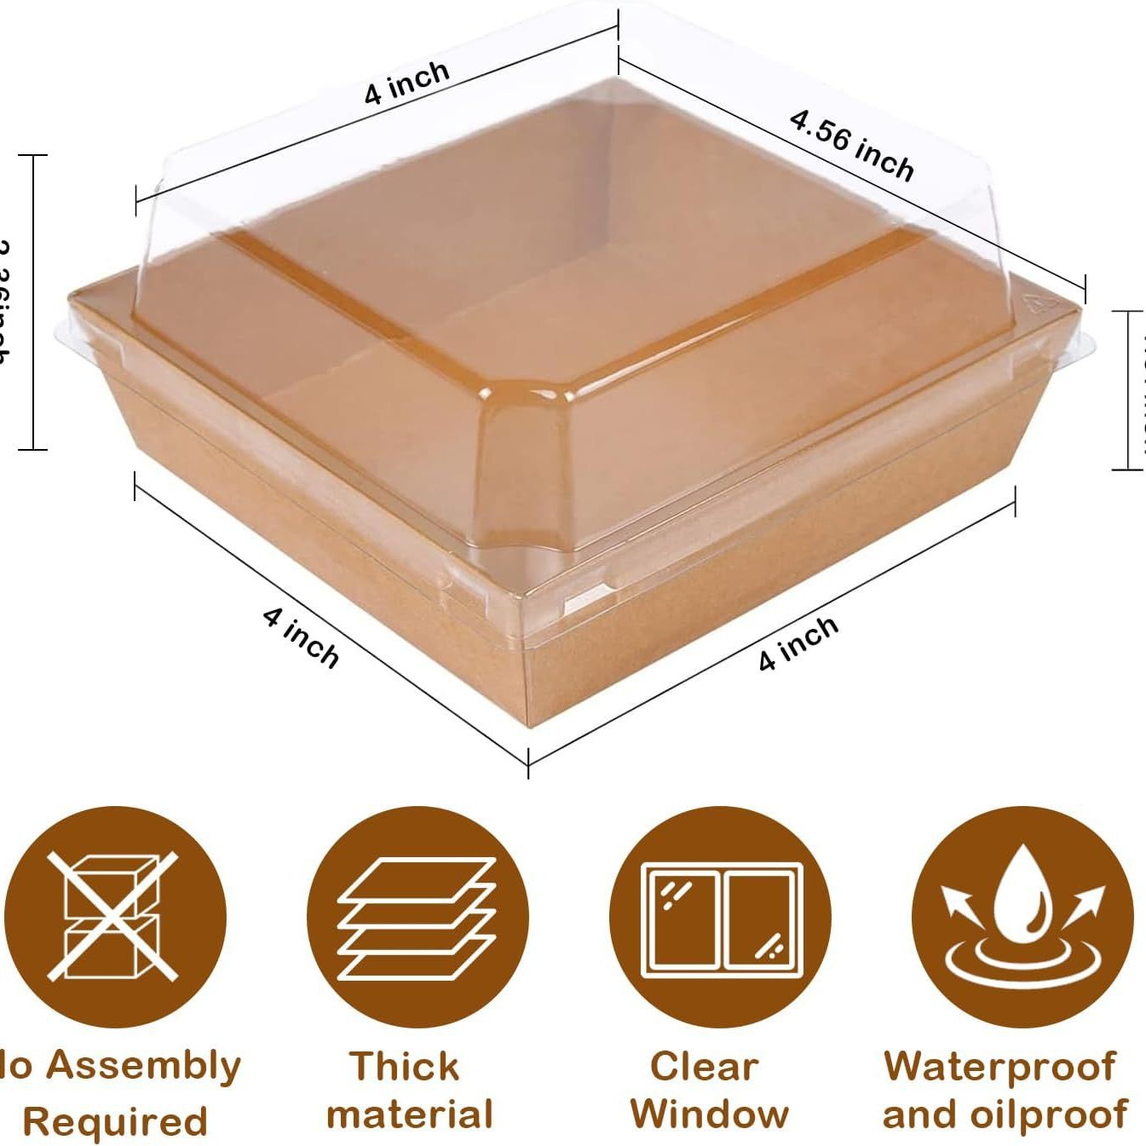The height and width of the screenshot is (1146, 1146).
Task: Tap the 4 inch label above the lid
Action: pyautogui.click(x=406, y=83)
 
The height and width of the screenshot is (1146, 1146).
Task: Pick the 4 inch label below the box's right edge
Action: pyautogui.click(x=798, y=643)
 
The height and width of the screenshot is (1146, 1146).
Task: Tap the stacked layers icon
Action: pyautogui.click(x=417, y=919)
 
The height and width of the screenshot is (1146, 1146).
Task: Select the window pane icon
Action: pyautogui.click(x=721, y=919)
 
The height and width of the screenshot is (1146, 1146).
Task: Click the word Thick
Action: pyautogui.click(x=405, y=1066)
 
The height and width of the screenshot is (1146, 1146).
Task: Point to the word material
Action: pyautogui.click(x=410, y=1114)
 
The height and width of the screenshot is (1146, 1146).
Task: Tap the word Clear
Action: pyautogui.click(x=704, y=1066)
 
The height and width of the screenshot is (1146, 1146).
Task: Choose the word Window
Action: pyautogui.click(x=710, y=1114)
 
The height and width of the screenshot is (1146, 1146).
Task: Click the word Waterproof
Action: pyautogui.click(x=999, y=1068)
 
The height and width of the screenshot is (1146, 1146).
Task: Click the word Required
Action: pyautogui.click(x=115, y=1121)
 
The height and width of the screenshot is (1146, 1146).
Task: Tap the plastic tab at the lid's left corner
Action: pyautogui.click(x=64, y=329)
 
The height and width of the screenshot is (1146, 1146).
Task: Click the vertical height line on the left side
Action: pyautogui.click(x=33, y=302)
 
